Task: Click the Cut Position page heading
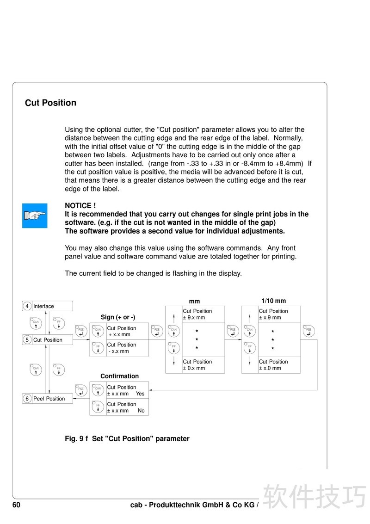50,103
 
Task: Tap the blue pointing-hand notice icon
35,216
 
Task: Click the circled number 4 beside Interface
27,306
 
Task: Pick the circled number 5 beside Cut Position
27,340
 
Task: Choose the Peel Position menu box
48,399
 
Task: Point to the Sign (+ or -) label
118,317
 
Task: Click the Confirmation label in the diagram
119,376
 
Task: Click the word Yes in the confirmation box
140,394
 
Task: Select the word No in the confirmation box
141,411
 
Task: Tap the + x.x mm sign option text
119,334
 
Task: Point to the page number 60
16,505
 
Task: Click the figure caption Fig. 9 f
76,438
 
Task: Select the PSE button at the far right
308,331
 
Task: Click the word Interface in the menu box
43,306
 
